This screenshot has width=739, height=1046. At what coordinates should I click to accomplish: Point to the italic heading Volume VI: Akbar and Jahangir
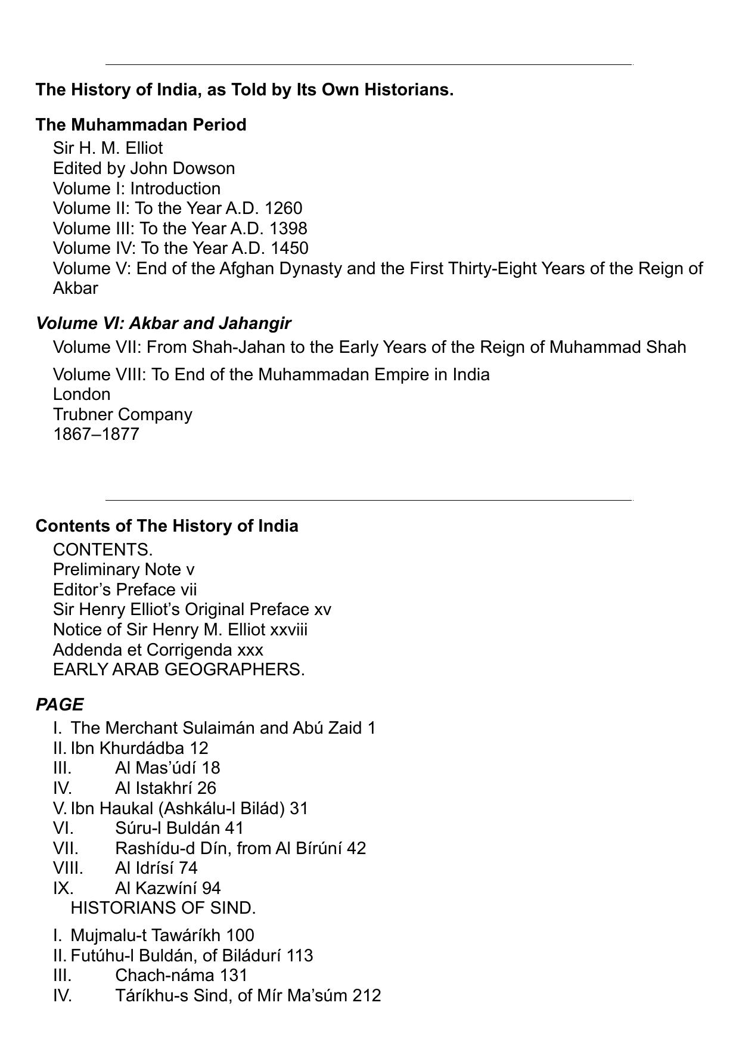click(x=163, y=323)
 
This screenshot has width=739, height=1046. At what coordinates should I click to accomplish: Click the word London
click(x=82, y=394)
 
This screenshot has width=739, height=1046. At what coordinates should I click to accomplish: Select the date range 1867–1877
click(x=96, y=434)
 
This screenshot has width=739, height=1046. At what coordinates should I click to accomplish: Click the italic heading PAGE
click(x=60, y=704)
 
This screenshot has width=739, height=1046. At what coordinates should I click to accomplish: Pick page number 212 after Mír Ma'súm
click(x=367, y=995)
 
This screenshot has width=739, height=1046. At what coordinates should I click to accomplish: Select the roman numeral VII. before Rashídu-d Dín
click(x=66, y=848)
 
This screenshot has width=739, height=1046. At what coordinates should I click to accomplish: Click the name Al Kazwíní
click(x=156, y=888)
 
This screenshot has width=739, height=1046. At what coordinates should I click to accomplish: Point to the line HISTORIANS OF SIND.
click(x=163, y=908)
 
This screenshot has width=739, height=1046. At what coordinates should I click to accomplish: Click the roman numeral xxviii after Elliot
click(x=289, y=629)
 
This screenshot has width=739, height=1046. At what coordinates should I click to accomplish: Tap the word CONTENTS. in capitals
click(x=103, y=550)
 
